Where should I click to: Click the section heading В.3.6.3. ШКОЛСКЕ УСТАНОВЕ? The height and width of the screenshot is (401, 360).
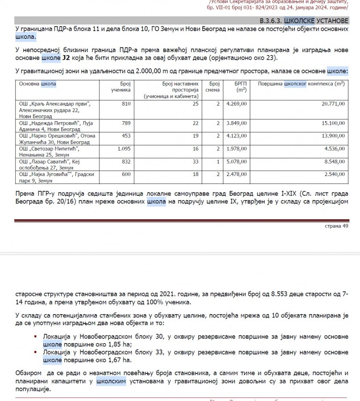click(303, 21)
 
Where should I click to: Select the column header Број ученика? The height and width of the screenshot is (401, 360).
click(120, 86)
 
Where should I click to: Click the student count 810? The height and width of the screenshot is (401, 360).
click(126, 104)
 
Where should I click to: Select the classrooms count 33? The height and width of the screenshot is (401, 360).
click(195, 162)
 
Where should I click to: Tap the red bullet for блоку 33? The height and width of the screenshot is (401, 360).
click(36, 352)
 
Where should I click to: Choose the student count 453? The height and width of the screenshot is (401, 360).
click(126, 135)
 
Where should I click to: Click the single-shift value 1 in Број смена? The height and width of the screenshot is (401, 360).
click(218, 162)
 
